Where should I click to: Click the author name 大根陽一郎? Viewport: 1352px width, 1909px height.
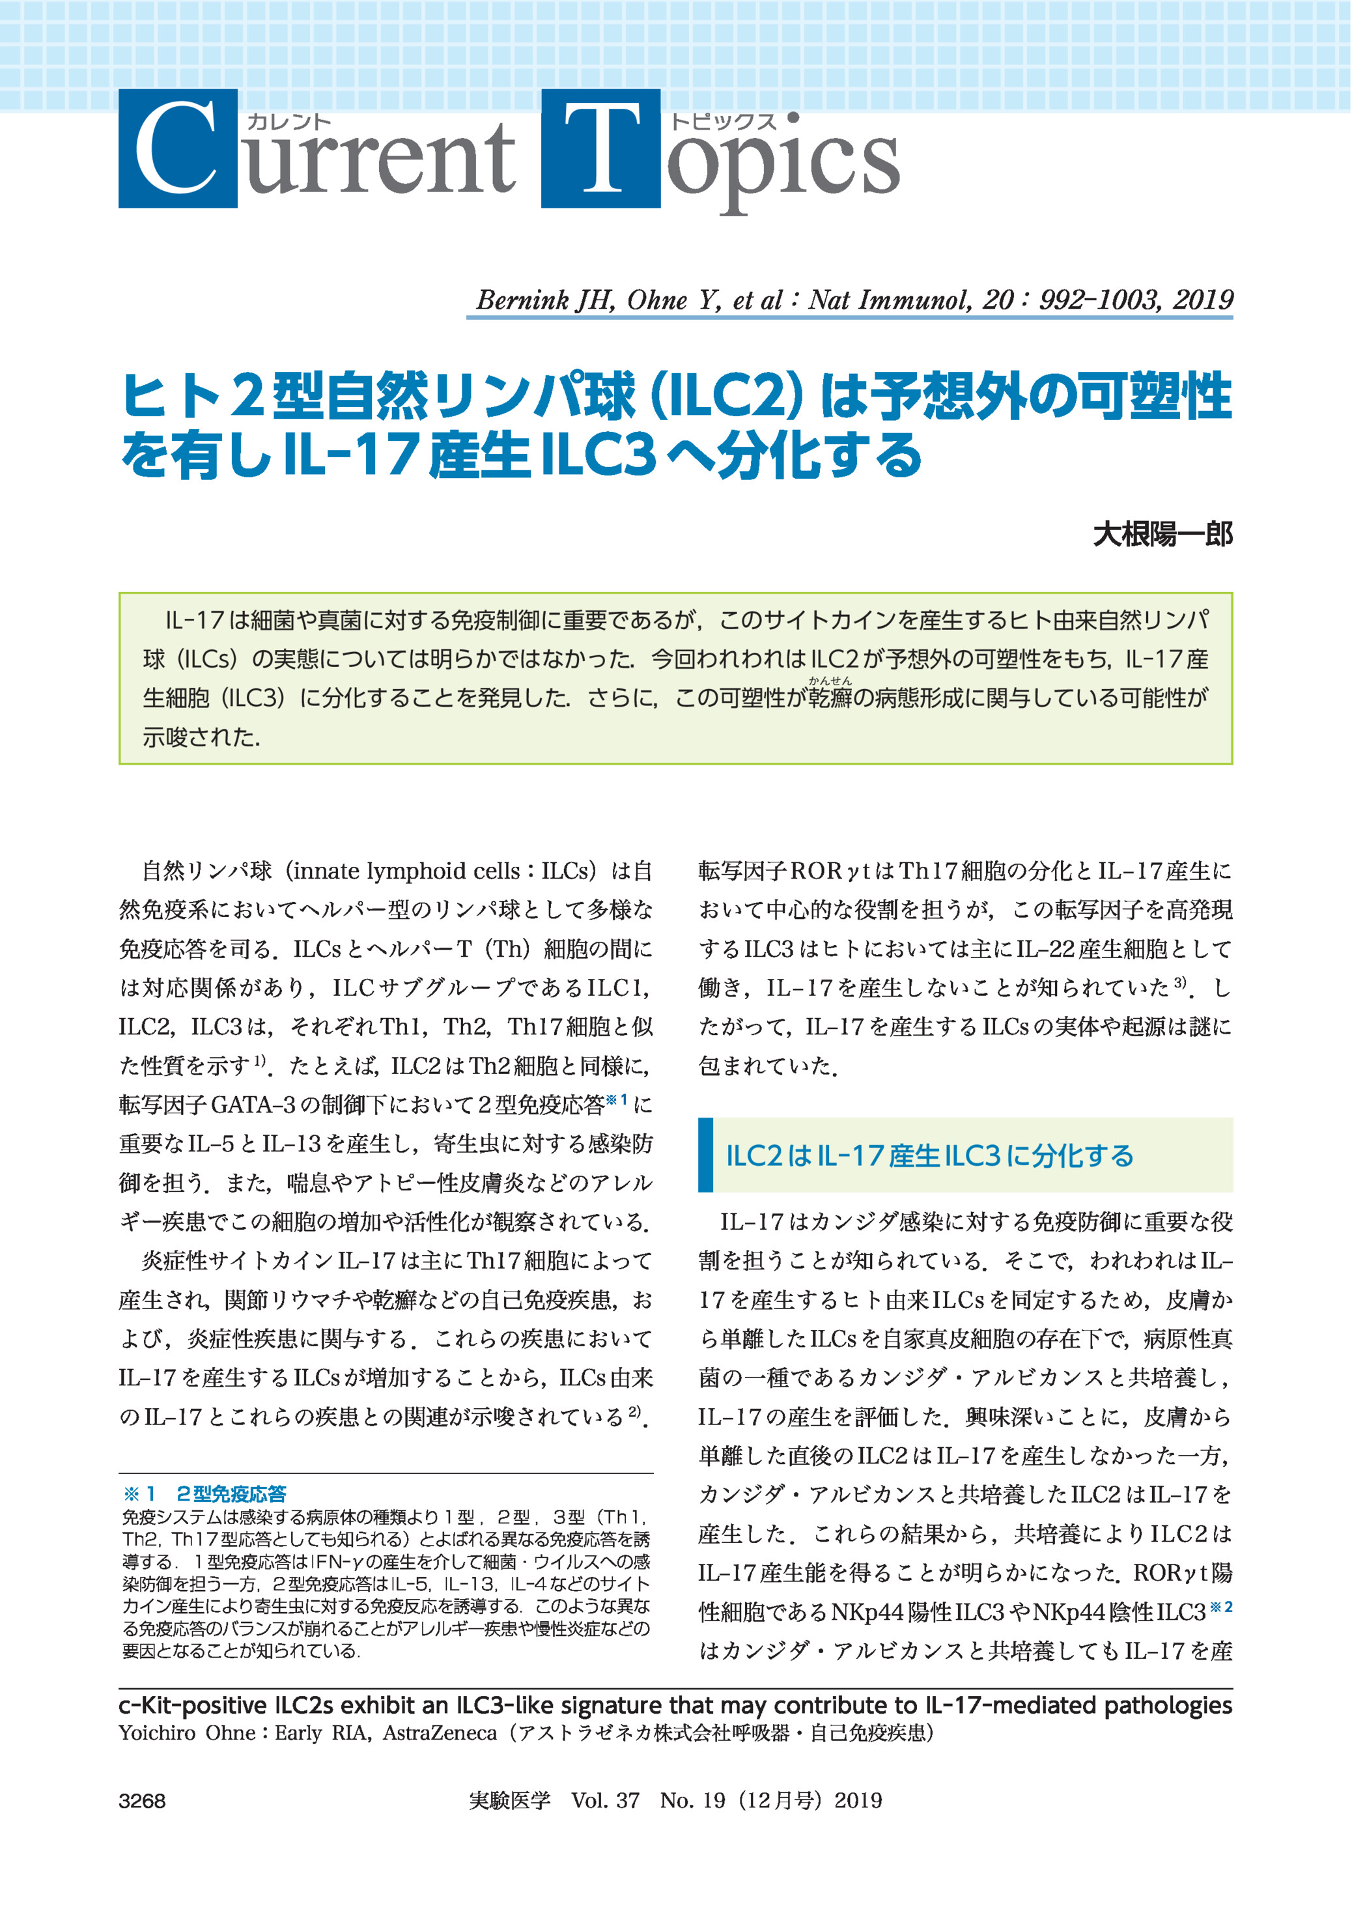1162,533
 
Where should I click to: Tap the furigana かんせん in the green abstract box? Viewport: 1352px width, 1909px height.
830,680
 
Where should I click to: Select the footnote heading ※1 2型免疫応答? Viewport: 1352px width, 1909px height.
204,1493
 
